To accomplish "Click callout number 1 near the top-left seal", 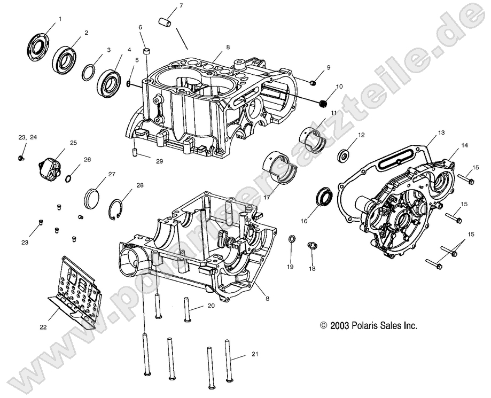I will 60,19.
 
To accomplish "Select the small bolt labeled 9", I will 313,82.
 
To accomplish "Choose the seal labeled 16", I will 323,196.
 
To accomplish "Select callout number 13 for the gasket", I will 441,131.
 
